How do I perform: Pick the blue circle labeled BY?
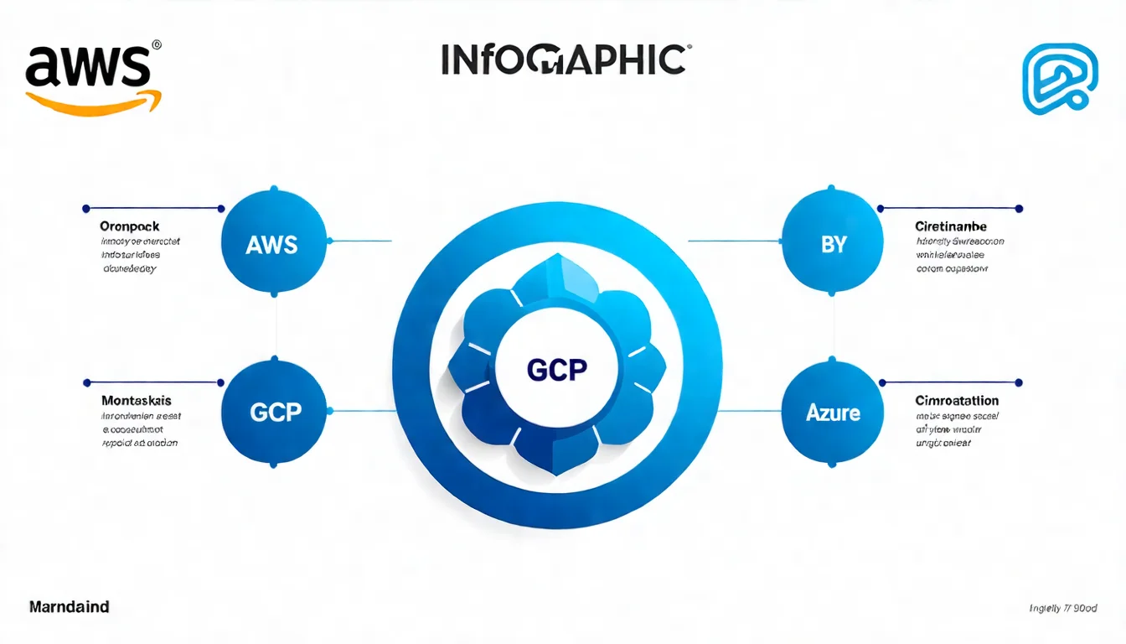click(x=833, y=244)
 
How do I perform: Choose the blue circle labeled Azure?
click(x=833, y=412)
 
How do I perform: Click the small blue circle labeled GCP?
click(x=275, y=412)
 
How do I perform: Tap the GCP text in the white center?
click(x=557, y=370)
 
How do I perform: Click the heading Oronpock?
click(x=129, y=226)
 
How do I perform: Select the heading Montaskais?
click(x=136, y=400)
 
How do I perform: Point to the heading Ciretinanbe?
click(x=951, y=226)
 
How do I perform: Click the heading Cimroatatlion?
click(x=957, y=400)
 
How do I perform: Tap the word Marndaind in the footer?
click(x=69, y=605)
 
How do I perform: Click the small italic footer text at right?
click(x=1063, y=608)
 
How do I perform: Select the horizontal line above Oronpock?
click(x=152, y=208)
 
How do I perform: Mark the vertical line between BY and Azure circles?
click(x=833, y=328)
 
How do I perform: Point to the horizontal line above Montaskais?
click(x=152, y=382)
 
